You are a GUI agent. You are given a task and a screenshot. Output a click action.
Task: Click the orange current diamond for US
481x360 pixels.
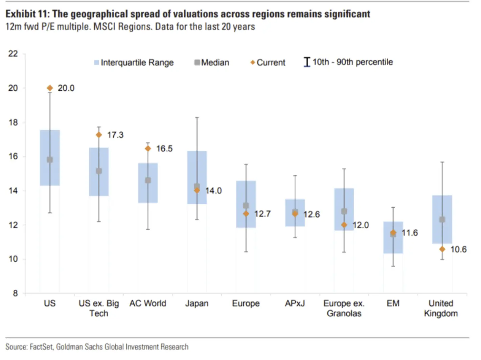tap(50, 88)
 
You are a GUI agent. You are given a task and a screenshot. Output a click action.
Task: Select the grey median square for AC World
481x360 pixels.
tap(148, 180)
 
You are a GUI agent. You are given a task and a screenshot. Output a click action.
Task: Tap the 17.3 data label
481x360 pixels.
tap(115, 135)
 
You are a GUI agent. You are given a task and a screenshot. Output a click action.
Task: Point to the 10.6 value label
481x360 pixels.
tap(458, 249)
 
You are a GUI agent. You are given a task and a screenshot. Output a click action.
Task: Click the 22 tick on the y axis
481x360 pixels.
tap(13, 54)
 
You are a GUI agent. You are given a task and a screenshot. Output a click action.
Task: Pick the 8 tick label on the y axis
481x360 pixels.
tap(15, 293)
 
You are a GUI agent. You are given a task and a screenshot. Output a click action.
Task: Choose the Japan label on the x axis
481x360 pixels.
tap(197, 303)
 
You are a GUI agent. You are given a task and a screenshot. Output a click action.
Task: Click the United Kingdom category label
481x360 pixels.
tap(441, 308)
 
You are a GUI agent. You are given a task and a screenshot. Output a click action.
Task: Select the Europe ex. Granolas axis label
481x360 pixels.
tap(344, 308)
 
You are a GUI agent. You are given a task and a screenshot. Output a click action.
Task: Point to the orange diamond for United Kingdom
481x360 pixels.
tap(442, 249)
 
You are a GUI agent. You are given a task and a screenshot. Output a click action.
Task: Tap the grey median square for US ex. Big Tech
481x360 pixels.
tap(99, 171)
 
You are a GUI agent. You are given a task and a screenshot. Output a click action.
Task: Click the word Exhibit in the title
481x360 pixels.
tap(21, 14)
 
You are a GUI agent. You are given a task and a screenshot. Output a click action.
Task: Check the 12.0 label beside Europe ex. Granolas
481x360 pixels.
tap(361, 225)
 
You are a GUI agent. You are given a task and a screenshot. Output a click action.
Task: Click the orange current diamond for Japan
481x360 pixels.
tap(197, 190)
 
